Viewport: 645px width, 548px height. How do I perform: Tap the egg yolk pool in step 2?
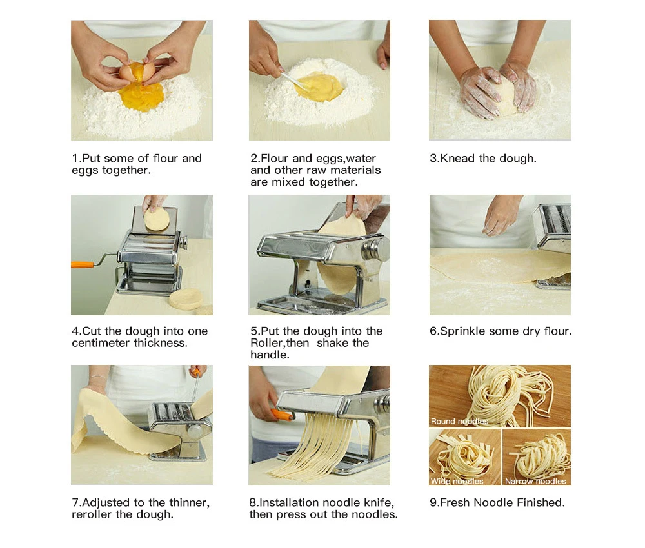(319, 87)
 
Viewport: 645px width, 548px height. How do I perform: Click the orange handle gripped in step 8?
(282, 415)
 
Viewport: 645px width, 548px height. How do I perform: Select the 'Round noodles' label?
(459, 421)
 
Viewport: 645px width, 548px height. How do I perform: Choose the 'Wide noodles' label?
(457, 481)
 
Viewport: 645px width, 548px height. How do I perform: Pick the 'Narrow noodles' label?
(535, 481)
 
